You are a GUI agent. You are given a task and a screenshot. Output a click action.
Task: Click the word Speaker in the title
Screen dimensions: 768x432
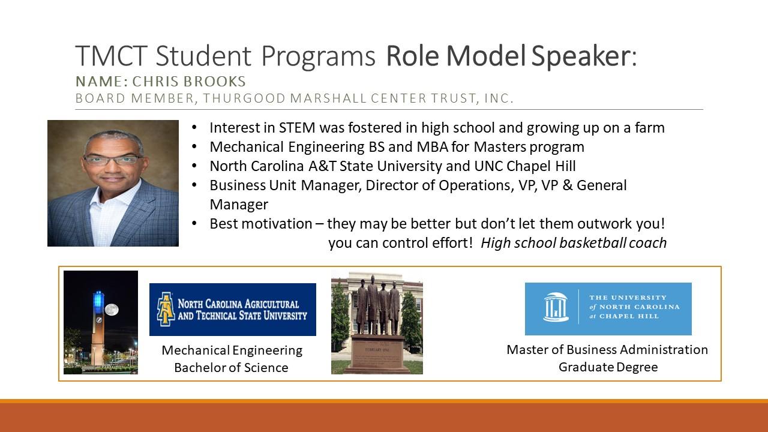tap(584, 56)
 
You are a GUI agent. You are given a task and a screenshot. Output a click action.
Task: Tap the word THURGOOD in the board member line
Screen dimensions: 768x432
tap(244, 98)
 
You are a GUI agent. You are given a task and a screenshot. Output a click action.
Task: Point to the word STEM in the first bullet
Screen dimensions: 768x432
tap(297, 128)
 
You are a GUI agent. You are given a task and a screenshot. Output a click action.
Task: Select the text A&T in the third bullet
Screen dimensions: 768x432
tap(322, 166)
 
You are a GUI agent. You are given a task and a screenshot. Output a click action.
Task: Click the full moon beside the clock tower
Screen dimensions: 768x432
tap(112, 310)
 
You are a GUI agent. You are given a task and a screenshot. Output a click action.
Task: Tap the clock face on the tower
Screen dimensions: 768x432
tap(99, 320)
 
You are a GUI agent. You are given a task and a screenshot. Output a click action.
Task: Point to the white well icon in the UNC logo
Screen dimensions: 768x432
tap(556, 307)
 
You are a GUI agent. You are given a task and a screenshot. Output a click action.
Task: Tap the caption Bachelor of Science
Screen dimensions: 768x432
tap(232, 368)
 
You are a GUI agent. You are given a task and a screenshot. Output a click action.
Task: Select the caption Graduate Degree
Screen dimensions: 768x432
tap(608, 367)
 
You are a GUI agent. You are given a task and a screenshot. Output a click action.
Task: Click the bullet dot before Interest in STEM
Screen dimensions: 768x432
tap(194, 128)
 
